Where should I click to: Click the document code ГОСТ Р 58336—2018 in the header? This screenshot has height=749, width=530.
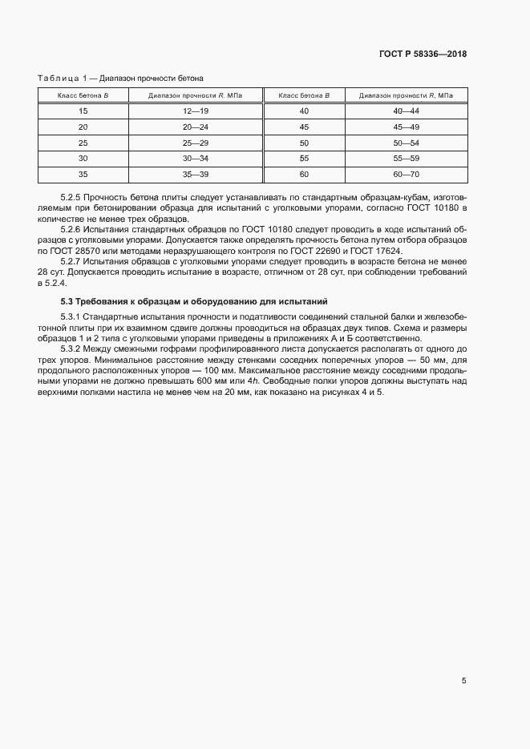point(423,54)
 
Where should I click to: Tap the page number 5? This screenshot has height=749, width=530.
point(463,681)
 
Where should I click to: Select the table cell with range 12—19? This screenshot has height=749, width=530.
point(195,111)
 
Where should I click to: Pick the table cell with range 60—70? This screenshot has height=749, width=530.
point(407,174)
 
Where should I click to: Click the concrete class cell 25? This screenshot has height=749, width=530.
point(83,143)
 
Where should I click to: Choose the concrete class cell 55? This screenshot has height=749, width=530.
point(304,159)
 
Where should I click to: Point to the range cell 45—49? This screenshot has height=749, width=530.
point(407,127)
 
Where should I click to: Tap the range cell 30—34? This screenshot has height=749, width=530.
point(195,159)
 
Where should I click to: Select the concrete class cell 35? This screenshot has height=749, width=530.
point(83,174)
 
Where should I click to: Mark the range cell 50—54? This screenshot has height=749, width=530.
point(407,143)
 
